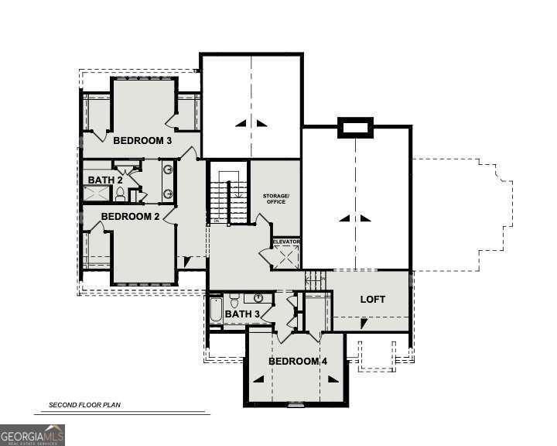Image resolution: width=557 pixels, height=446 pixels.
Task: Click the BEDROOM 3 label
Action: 142,141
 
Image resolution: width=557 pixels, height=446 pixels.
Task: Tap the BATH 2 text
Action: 105,180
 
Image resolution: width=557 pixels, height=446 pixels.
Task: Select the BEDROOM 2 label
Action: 130,217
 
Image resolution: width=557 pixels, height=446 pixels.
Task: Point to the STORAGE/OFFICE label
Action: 275,199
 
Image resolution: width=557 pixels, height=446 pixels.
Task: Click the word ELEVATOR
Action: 285,242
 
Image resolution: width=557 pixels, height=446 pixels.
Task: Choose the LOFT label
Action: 372,300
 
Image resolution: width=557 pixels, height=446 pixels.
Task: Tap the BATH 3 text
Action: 242,314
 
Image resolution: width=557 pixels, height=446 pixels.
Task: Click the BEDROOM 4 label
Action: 294,362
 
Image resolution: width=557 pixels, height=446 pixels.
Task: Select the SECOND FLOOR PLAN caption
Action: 85,405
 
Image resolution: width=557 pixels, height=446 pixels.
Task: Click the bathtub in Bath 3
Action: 215,312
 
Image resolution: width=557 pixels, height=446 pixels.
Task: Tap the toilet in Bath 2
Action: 120,195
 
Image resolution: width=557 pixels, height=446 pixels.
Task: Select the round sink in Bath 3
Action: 258,298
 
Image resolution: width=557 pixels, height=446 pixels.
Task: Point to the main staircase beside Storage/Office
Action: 228,197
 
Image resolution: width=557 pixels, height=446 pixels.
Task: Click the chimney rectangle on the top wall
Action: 355,128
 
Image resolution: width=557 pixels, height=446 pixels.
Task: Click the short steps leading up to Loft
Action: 316,280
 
